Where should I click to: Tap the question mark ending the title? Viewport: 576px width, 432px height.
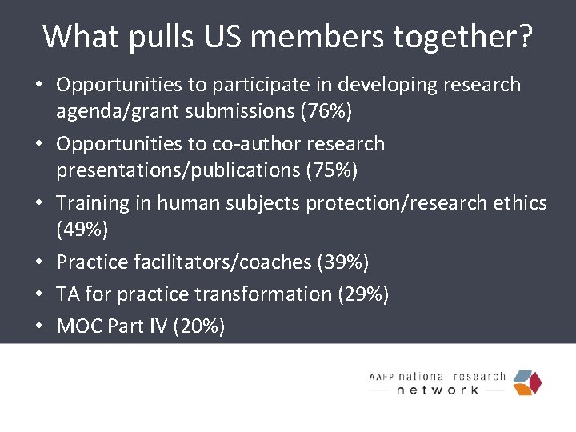[525, 37]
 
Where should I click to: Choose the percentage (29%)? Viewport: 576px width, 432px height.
[363, 294]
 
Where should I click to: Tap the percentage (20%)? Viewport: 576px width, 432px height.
[198, 326]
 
